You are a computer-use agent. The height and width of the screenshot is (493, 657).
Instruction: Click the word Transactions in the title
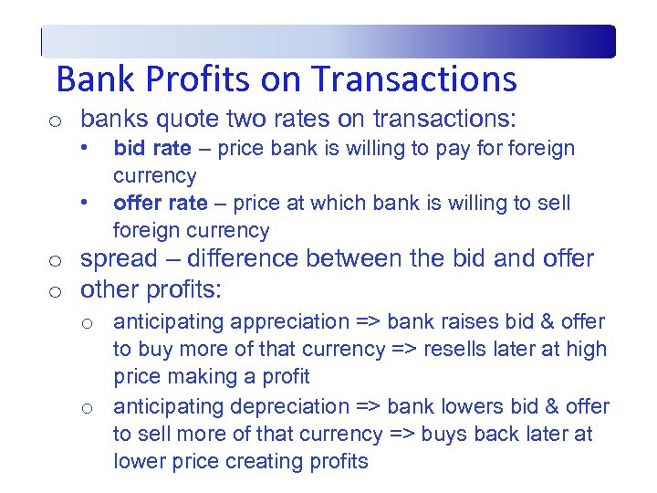tap(415, 79)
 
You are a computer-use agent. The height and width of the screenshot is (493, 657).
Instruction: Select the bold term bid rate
tap(152, 148)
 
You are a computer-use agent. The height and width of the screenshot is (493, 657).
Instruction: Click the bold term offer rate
tap(160, 203)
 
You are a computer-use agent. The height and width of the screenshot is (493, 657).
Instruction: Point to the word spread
tap(116, 258)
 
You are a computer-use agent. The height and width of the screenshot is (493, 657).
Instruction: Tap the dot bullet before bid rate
tap(83, 147)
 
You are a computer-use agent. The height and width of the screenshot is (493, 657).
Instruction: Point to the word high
tap(587, 349)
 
